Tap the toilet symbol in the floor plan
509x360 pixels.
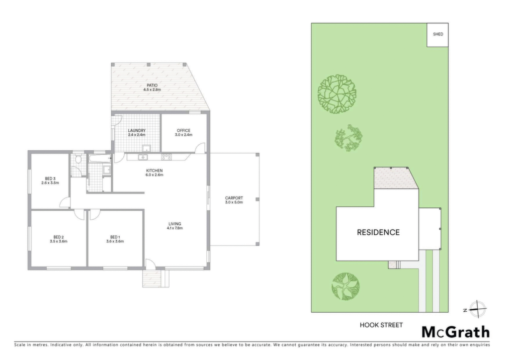click(78, 160)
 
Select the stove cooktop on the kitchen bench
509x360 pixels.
click(167, 157)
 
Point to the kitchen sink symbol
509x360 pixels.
click(143, 157)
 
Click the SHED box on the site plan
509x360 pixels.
click(437, 34)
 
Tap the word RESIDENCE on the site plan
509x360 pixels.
click(378, 232)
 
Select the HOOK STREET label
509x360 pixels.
click(381, 325)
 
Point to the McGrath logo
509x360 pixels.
click(455, 332)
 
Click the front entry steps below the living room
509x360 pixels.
click(152, 278)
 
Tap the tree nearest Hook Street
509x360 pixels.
click(345, 286)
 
